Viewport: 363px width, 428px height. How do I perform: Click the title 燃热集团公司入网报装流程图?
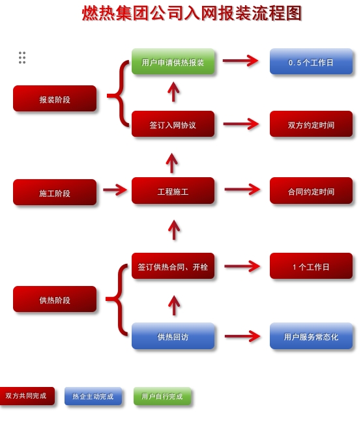coord(192,13)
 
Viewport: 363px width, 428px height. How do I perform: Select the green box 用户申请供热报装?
coord(173,62)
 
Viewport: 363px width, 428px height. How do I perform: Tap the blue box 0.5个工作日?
coord(311,62)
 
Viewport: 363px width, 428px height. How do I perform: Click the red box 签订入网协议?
coord(173,124)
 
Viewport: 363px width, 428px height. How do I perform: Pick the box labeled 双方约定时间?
coord(311,124)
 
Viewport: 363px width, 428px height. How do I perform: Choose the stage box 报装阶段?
coord(55,99)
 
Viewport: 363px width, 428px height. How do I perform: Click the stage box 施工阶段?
coord(55,193)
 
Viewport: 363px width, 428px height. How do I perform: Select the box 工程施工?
coord(173,191)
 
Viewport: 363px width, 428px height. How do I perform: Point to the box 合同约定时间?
coord(311,191)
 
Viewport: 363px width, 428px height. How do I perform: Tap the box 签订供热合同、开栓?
coord(173,266)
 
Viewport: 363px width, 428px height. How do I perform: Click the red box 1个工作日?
coord(311,266)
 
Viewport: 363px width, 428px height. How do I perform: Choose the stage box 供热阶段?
coord(55,300)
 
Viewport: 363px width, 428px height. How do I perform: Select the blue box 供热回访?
coord(173,336)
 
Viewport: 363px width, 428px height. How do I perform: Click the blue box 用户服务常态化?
coord(311,336)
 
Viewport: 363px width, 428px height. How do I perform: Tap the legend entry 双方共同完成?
coord(26,395)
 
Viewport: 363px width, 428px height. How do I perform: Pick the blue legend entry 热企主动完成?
coord(93,396)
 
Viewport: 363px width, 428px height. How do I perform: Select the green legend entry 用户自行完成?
coord(162,396)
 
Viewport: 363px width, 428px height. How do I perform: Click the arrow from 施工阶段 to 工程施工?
coord(115,190)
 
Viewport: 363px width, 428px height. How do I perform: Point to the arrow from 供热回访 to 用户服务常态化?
coord(242,336)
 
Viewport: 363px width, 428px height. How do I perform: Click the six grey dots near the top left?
coord(22,57)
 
